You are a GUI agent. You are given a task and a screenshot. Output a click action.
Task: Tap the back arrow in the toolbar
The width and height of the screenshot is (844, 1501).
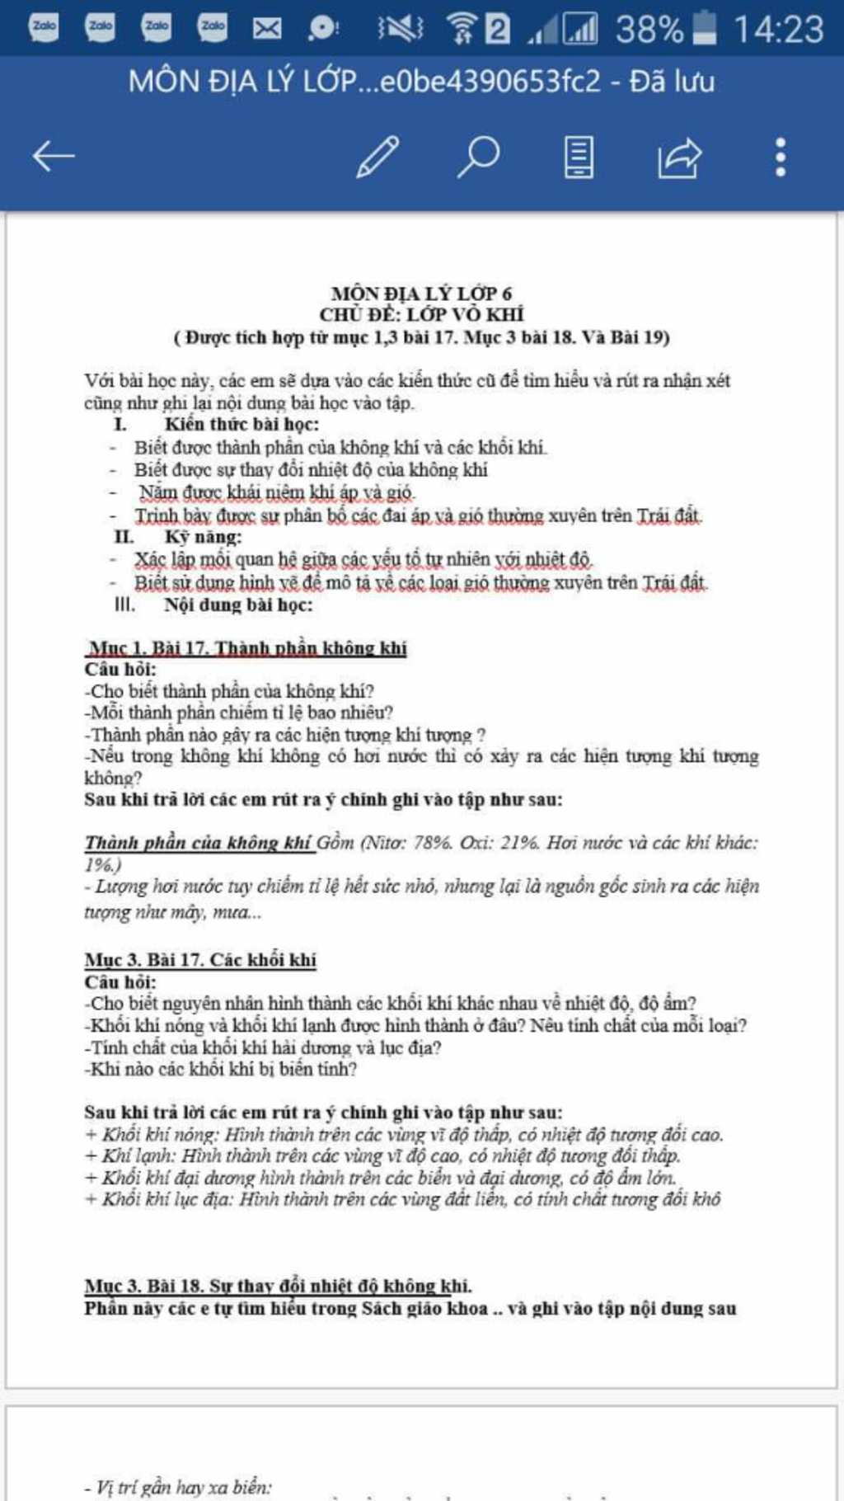point(54,156)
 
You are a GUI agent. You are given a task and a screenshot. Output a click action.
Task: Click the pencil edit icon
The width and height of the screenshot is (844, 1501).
point(378,157)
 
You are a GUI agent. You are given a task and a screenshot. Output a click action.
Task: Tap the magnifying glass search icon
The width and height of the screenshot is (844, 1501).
point(478,156)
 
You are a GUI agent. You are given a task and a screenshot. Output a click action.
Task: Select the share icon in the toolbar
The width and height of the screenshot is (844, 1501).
point(678,157)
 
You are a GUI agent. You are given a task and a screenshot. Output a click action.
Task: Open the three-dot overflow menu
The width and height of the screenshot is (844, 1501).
point(780,157)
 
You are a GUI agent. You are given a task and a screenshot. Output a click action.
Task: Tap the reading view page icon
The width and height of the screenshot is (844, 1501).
point(579,157)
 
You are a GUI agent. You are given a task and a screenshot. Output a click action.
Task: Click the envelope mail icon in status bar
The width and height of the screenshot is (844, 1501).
point(266,29)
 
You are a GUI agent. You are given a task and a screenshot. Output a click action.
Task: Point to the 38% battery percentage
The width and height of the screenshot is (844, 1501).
point(649,30)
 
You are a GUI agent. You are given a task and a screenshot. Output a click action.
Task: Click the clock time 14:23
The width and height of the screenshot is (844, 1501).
point(778,30)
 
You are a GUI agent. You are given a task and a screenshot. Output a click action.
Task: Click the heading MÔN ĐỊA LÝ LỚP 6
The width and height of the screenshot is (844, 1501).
point(421,294)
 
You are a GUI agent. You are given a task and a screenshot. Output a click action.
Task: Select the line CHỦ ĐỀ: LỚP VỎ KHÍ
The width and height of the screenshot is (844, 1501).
point(421,314)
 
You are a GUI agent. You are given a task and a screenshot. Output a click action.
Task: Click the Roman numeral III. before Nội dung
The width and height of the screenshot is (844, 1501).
point(124,605)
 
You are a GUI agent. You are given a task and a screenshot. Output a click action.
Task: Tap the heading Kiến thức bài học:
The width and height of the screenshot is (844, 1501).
point(241,425)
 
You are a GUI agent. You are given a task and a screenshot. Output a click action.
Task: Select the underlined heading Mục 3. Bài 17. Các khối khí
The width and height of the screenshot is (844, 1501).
point(200,960)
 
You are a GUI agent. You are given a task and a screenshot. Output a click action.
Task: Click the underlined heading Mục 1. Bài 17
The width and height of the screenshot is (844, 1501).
point(246,648)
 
